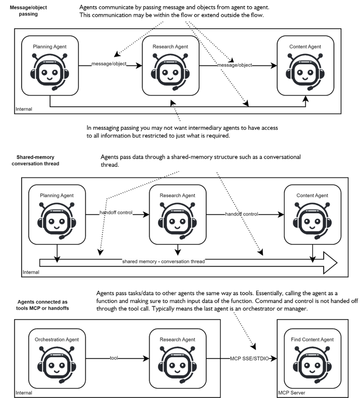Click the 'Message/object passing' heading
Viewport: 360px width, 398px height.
(28, 10)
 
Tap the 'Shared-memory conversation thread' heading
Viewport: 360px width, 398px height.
(35, 160)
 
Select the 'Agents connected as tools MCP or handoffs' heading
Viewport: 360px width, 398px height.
(43, 305)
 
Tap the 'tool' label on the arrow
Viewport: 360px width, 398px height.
(114, 358)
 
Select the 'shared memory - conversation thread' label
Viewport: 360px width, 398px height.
(163, 262)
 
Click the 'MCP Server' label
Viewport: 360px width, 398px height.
(292, 393)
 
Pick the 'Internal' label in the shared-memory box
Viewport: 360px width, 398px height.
(31, 272)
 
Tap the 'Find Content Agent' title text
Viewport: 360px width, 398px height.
(312, 340)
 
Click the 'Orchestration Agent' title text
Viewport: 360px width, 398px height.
(57, 340)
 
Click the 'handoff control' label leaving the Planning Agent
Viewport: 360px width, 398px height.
(116, 213)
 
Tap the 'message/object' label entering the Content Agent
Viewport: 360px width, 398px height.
(235, 65)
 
